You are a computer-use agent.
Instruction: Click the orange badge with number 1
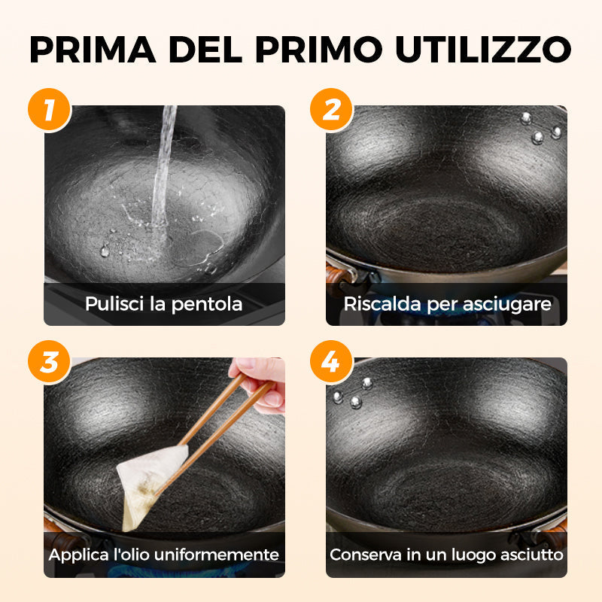click(50, 110)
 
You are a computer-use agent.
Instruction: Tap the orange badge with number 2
click(332, 110)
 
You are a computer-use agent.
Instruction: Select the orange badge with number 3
click(50, 362)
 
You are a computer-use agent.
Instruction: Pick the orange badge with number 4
click(332, 362)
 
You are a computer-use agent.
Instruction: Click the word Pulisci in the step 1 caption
click(111, 305)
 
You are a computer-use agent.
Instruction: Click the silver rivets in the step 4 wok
click(354, 391)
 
